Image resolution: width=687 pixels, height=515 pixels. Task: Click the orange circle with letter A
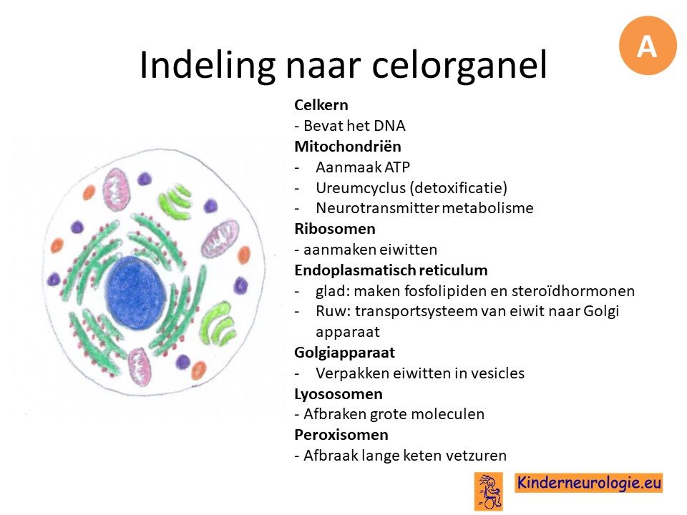[648, 46]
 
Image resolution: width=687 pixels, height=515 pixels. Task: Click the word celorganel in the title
[459, 65]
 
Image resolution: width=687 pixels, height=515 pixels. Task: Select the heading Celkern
[321, 105]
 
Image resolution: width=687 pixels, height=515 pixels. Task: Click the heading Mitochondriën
[348, 146]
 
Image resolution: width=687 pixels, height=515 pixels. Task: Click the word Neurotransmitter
[377, 208]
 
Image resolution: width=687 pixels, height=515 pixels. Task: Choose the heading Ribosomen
[335, 229]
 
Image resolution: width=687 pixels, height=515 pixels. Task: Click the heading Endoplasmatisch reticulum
[391, 270]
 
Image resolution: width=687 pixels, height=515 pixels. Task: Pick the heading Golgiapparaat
[344, 353]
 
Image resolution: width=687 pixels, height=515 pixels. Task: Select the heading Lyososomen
[338, 394]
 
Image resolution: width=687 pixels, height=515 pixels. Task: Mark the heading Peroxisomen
[341, 435]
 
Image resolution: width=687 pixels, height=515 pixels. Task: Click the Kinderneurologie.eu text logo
[588, 483]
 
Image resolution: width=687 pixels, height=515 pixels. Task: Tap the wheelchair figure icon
[489, 491]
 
